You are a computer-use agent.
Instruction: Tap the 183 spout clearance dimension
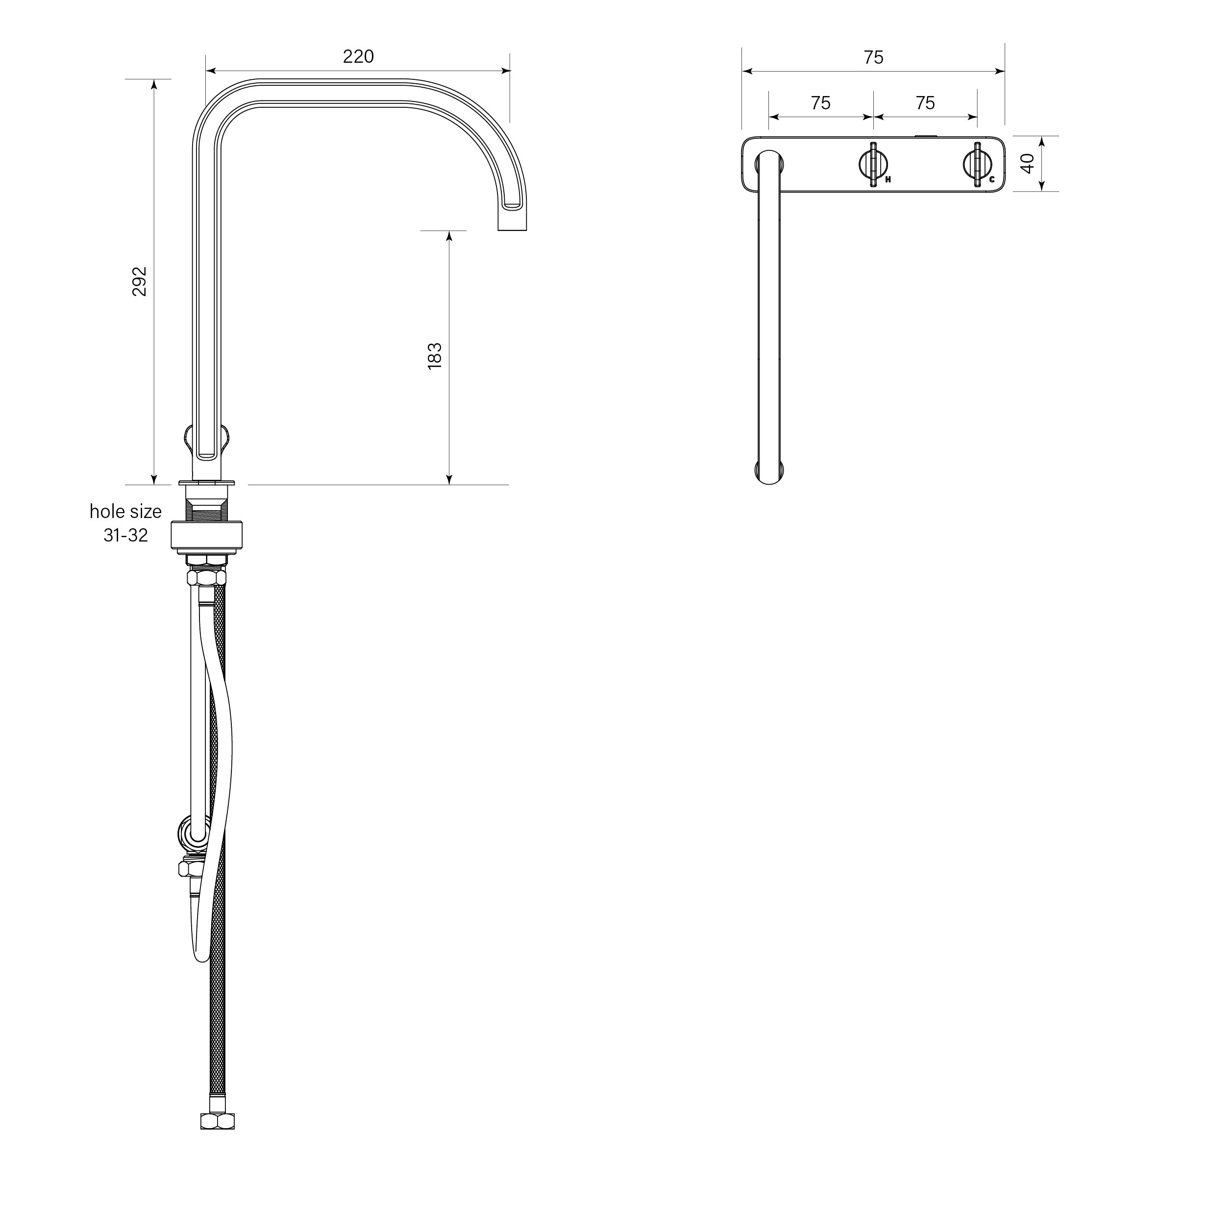pyautogui.click(x=434, y=356)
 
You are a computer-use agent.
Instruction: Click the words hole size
pyautogui.click(x=125, y=512)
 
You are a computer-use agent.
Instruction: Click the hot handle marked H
pyautogui.click(x=872, y=165)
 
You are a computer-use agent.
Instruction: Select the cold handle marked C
pyautogui.click(x=977, y=165)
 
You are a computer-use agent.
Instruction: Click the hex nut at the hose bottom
pyautogui.click(x=217, y=1121)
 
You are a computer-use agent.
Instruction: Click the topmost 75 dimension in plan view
pyautogui.click(x=874, y=57)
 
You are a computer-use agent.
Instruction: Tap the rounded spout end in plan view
pyautogui.click(x=769, y=474)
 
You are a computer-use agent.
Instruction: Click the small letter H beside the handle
pyautogui.click(x=888, y=179)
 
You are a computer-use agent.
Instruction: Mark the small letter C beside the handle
pyautogui.click(x=992, y=179)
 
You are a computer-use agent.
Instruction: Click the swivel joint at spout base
pyautogui.click(x=206, y=438)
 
